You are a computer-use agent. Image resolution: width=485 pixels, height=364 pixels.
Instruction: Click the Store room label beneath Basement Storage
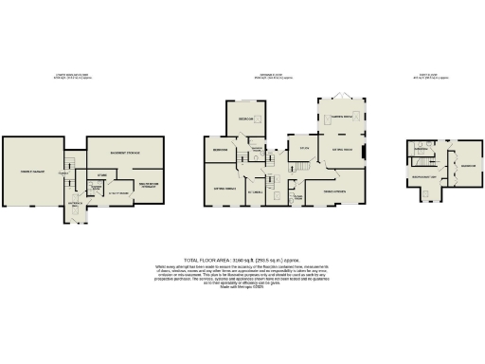click(x=103, y=174)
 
